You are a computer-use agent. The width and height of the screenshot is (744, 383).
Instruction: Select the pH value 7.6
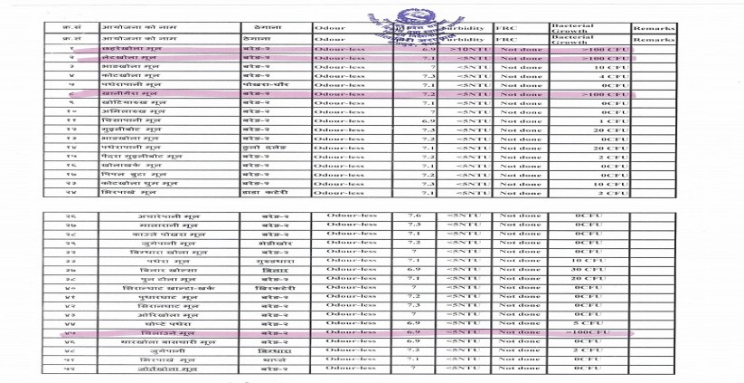click(x=414, y=216)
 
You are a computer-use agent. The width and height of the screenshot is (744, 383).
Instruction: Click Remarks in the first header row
click(x=655, y=29)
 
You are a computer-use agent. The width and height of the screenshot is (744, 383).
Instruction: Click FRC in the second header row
click(x=506, y=40)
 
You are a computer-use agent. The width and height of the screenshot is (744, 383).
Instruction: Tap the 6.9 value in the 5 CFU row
click(x=414, y=322)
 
